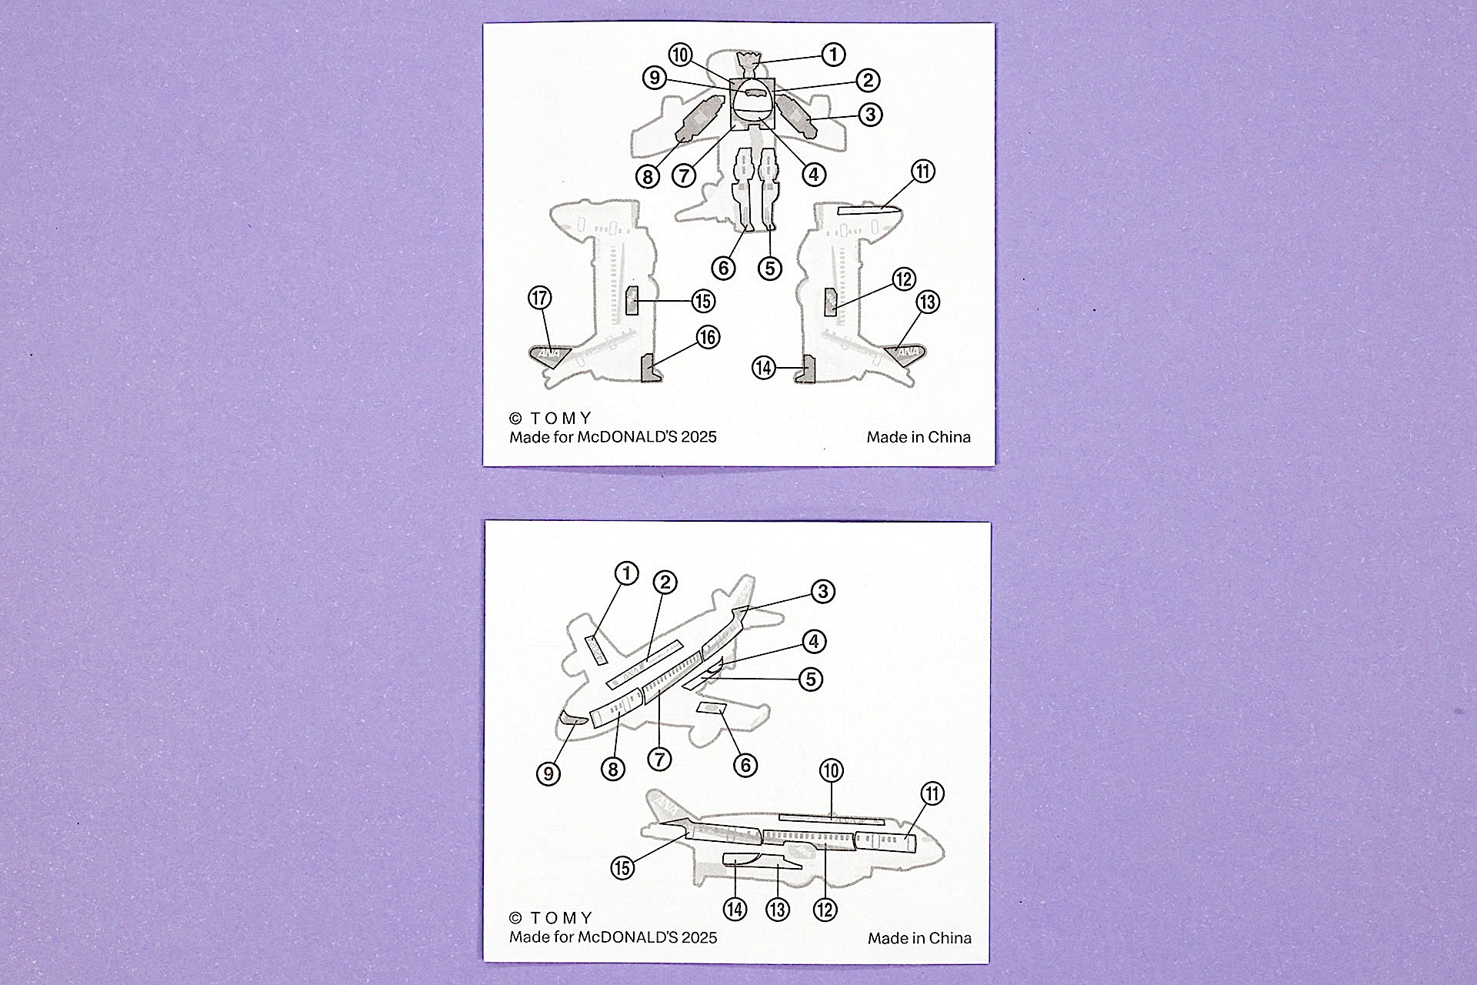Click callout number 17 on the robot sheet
coord(540,298)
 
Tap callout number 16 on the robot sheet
coord(708,337)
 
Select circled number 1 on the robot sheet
coord(833,54)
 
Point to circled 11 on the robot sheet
coord(923,171)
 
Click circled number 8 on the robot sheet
coord(648,176)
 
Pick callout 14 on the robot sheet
coord(763,368)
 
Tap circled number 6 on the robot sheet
coord(723,268)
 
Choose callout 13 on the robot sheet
coord(928,302)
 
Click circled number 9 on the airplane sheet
coord(548,773)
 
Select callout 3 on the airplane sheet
coord(823,591)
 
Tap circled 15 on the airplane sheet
coord(622,868)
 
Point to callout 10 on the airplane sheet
coord(831,770)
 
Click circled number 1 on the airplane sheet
coord(627,573)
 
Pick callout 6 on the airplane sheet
coord(745,765)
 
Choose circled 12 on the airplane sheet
coord(825,910)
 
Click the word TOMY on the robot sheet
coord(561,419)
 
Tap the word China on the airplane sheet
coord(950,938)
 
